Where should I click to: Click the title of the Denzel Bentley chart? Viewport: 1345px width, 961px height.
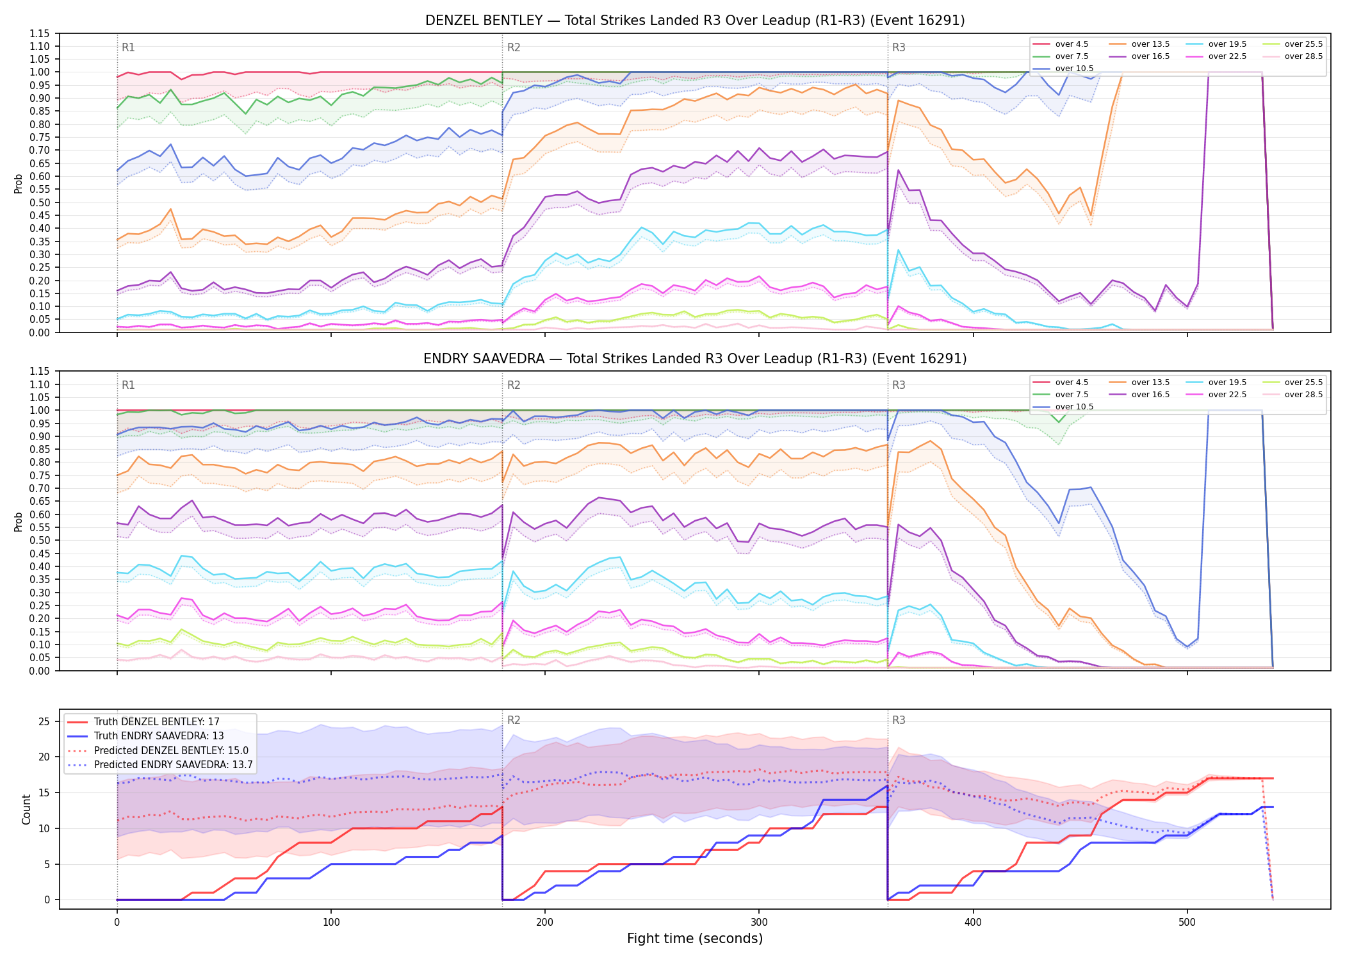695,21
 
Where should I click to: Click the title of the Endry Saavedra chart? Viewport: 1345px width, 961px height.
695,359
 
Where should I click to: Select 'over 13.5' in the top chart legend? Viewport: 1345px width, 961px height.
1150,44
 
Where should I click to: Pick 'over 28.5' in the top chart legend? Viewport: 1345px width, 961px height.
1303,56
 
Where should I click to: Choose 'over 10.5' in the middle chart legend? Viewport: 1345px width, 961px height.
1074,407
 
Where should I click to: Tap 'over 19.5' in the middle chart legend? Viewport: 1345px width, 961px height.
1227,382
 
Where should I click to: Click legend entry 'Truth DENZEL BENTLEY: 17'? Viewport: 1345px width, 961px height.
157,722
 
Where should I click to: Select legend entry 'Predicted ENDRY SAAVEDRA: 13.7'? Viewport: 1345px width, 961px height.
174,765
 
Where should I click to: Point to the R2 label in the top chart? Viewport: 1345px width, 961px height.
514,47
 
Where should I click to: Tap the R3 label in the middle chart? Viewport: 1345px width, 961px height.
899,385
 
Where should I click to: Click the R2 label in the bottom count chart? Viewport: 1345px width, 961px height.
514,720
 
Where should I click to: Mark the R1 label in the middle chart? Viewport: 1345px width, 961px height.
128,385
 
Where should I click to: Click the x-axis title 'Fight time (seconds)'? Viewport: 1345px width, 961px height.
695,939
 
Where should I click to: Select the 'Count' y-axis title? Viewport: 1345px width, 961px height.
26,809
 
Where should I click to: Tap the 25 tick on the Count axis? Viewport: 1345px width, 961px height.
44,721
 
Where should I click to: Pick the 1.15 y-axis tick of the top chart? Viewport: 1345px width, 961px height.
39,33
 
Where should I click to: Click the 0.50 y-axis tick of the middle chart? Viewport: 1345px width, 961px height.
39,540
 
